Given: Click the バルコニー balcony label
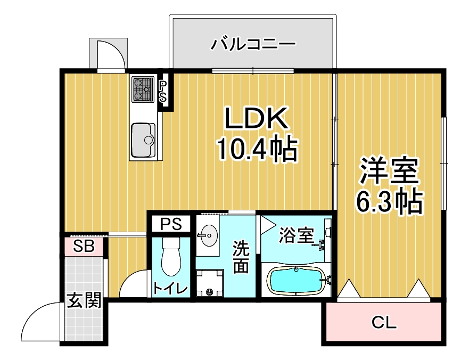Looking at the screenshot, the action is pyautogui.click(x=253, y=45).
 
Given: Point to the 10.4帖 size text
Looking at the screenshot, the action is pyautogui.click(x=258, y=149).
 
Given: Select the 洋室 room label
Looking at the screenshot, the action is pyautogui.click(x=389, y=170).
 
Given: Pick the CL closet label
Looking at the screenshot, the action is pyautogui.click(x=384, y=322).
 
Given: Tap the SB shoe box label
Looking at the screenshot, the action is pyautogui.click(x=84, y=246).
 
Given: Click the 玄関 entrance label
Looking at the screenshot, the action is pyautogui.click(x=84, y=300).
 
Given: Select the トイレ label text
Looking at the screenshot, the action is pyautogui.click(x=170, y=289).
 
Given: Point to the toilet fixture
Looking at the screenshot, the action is pyautogui.click(x=171, y=257).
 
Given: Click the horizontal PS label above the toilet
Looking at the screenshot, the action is pyautogui.click(x=171, y=224).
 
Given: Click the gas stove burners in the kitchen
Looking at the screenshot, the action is pyautogui.click(x=142, y=89).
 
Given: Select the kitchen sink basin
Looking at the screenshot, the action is pyautogui.click(x=143, y=140).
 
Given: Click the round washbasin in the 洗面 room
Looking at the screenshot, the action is pyautogui.click(x=208, y=235).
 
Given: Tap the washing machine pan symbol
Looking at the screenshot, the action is pyautogui.click(x=209, y=283).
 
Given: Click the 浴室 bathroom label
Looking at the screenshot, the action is pyautogui.click(x=297, y=235).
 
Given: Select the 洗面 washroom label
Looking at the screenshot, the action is pyautogui.click(x=241, y=257).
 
